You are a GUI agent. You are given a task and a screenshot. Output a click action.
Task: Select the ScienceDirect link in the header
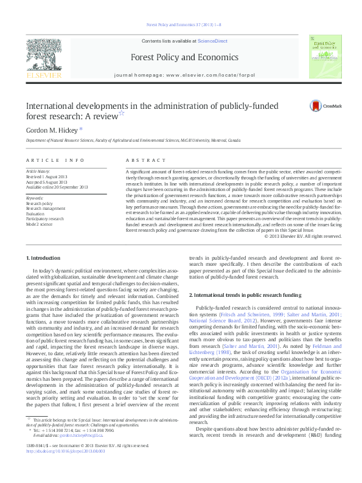pos(211,40)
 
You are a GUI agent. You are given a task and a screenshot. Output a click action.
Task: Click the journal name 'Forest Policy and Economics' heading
pos(181,57)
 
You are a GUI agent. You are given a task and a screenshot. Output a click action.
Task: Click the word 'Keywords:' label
pos(34,198)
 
